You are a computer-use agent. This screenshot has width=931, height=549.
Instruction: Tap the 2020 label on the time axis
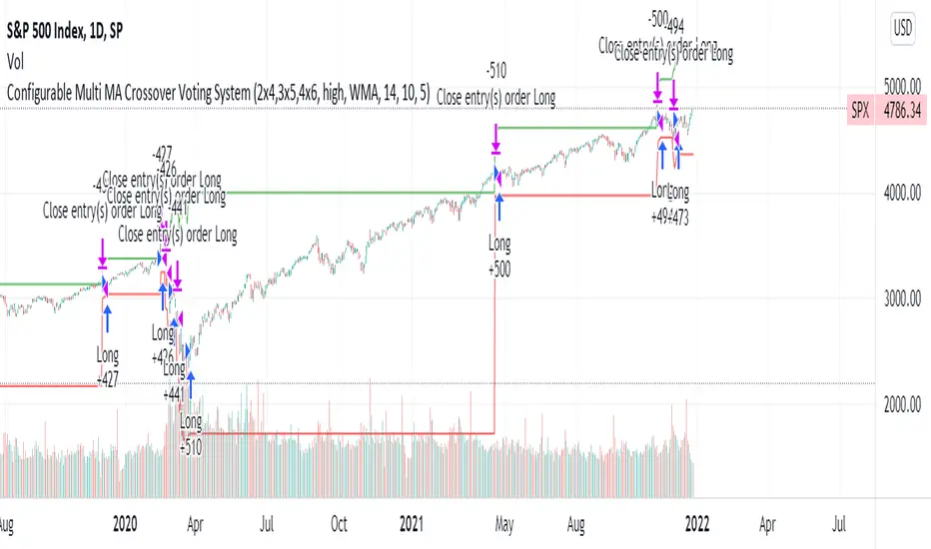point(125,520)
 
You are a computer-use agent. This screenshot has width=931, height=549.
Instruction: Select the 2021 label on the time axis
point(411,520)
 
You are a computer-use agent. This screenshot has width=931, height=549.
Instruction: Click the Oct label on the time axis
point(339,520)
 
